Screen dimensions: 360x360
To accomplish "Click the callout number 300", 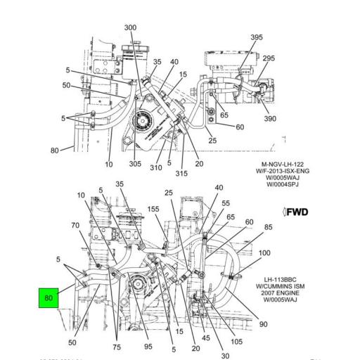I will click(130, 27).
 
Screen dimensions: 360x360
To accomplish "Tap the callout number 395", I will click(257, 37).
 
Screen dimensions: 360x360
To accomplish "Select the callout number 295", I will click(269, 58).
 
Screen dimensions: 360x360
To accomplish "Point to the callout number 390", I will click(270, 120).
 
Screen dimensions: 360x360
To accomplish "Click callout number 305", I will click(135, 164).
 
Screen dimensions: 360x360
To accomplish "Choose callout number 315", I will click(181, 174).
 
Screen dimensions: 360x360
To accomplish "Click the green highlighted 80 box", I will click(49, 298).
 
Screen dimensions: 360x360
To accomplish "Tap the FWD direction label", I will click(295, 212).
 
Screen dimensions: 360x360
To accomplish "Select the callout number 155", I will click(153, 209).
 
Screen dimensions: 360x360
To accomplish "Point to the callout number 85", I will click(268, 227).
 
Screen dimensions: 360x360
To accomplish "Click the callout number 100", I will click(265, 252).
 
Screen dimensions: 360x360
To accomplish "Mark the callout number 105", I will click(236, 342).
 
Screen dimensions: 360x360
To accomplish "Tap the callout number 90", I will click(263, 324).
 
